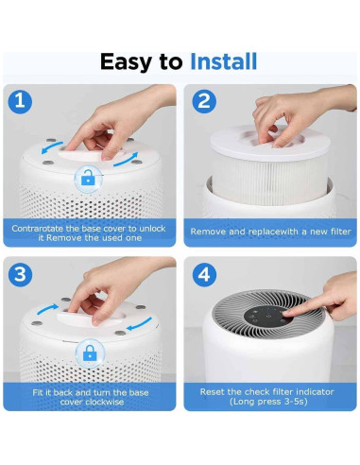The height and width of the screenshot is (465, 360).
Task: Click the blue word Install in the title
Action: click(x=223, y=63)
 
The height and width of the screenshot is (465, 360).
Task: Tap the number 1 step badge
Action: click(x=22, y=100)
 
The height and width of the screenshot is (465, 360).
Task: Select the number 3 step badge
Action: click(x=22, y=273)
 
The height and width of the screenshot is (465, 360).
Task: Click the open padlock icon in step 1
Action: click(x=88, y=177)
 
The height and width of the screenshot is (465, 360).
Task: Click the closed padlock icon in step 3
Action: click(x=92, y=353)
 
